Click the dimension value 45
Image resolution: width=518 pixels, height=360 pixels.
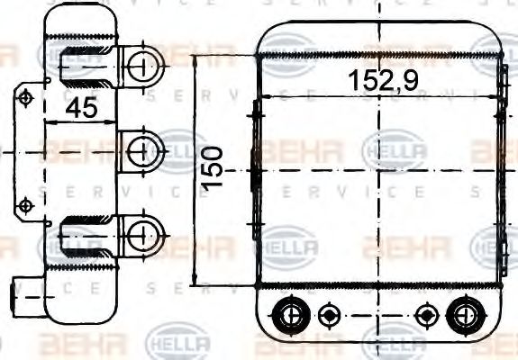click(82, 109)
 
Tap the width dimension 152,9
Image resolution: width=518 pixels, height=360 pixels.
click(383, 80)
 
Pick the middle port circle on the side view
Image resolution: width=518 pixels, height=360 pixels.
click(140, 148)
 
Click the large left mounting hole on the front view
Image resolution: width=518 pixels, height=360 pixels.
click(290, 314)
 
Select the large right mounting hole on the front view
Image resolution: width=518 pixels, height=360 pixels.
click(463, 314)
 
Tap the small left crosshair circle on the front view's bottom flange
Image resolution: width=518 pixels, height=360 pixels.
click(328, 314)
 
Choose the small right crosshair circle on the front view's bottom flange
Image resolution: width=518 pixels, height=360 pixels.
click(425, 314)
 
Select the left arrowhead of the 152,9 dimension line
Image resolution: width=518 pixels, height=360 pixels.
click(262, 95)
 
